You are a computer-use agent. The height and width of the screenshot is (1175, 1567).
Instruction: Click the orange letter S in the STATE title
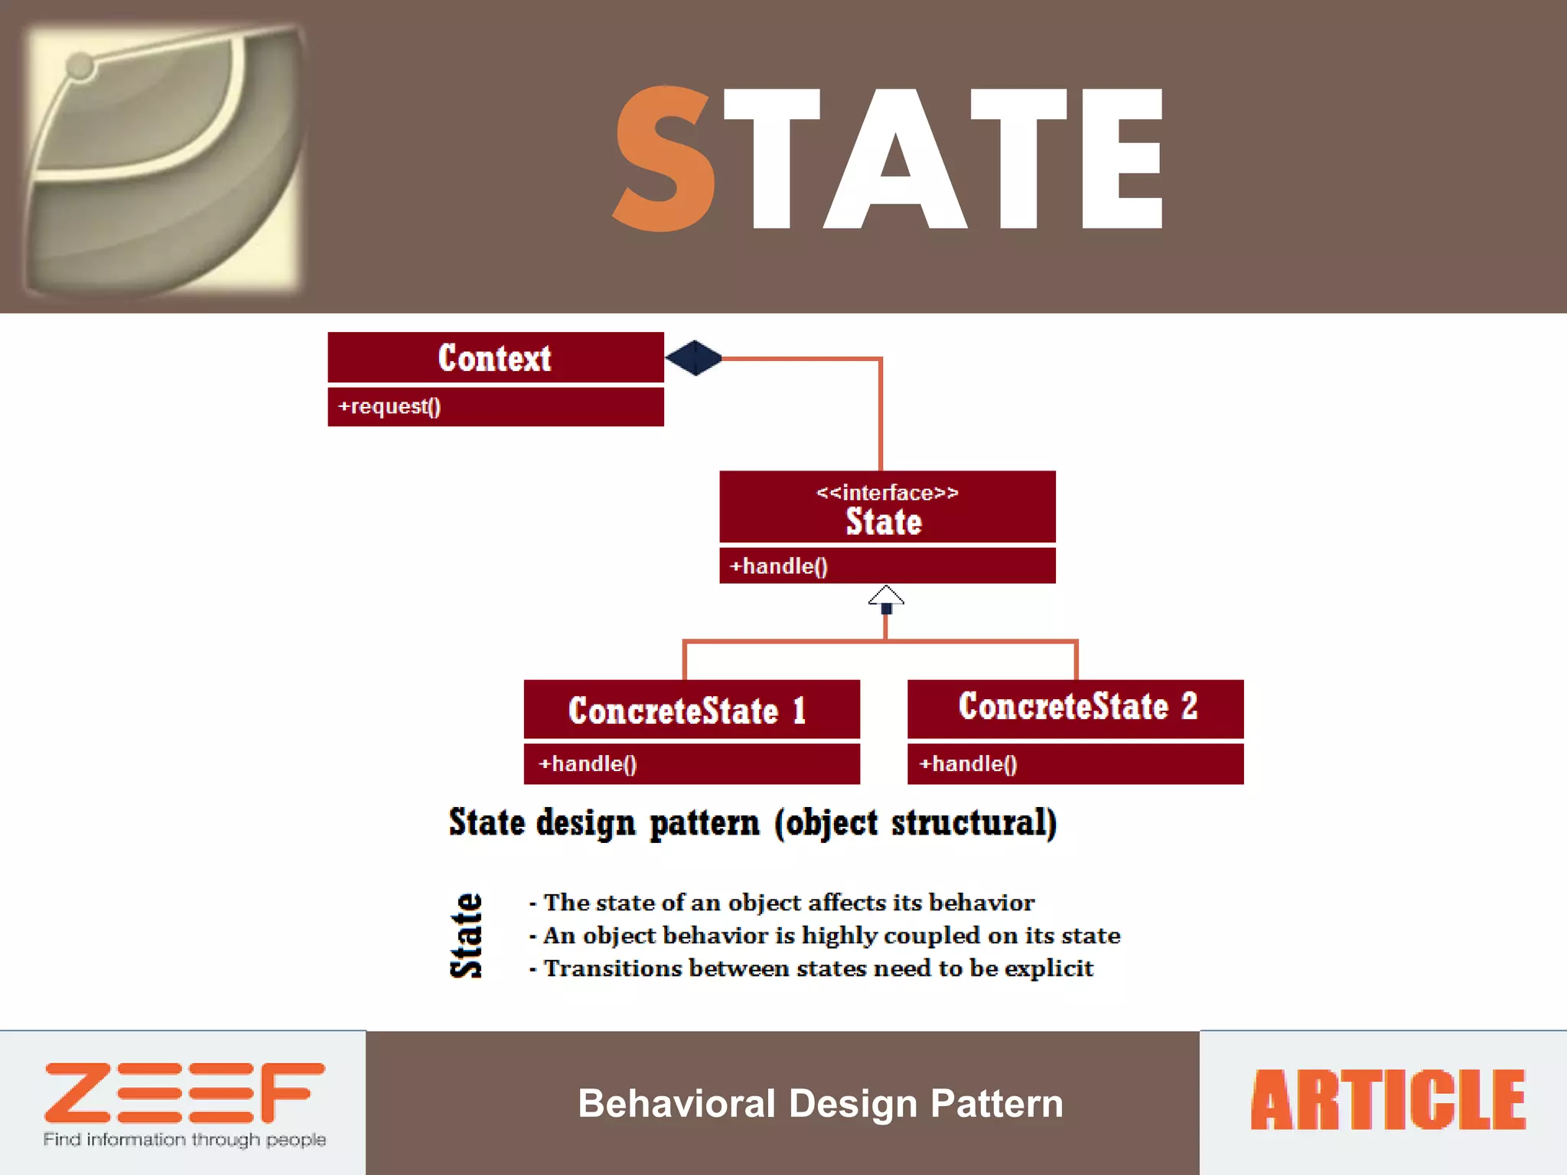click(x=664, y=159)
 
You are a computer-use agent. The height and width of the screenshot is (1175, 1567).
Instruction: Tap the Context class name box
click(x=495, y=358)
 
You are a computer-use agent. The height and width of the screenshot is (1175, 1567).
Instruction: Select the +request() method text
click(x=389, y=406)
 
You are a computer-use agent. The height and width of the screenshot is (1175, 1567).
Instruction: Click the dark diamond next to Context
click(x=693, y=358)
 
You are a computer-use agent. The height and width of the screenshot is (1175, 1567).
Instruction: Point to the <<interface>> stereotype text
click(x=887, y=493)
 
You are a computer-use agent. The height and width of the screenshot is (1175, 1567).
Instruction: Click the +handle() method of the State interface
click(x=778, y=566)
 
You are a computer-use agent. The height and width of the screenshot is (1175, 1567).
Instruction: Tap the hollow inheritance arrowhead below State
click(x=886, y=597)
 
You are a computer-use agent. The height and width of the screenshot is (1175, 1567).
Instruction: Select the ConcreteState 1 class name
click(x=687, y=711)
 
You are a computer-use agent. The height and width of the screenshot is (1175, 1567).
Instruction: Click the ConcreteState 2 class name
click(x=1077, y=706)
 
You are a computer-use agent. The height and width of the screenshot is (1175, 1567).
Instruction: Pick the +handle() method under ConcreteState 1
click(x=587, y=763)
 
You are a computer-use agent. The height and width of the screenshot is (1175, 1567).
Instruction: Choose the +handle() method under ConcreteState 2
click(x=968, y=763)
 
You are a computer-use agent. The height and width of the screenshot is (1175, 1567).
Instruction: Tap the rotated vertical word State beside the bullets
click(x=466, y=935)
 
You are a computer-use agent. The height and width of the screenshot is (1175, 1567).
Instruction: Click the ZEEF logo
click(x=184, y=1092)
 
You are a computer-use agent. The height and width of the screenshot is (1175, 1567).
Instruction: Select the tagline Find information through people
click(x=184, y=1140)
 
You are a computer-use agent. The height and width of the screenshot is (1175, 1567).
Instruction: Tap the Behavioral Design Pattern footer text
click(x=820, y=1104)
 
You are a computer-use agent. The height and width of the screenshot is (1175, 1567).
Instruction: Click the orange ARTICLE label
click(x=1387, y=1101)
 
